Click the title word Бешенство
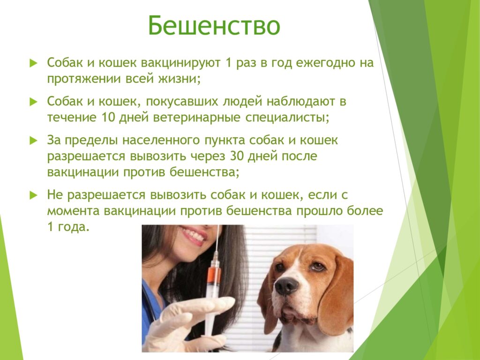214,26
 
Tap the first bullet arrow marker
33,63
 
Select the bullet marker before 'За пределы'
33,141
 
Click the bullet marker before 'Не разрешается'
33,195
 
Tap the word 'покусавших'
182,102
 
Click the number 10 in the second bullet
107,118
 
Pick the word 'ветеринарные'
196,118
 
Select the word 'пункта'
225,141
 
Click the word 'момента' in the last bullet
74,211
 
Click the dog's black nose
286,285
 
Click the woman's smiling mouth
193,235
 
